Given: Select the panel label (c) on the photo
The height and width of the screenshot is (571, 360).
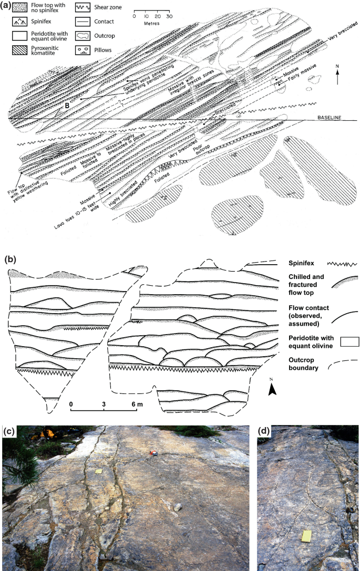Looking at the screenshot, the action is point(9,432).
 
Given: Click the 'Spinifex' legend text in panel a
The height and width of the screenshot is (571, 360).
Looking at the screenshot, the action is point(44,22).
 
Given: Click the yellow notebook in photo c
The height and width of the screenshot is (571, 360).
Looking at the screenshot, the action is point(98,472).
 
